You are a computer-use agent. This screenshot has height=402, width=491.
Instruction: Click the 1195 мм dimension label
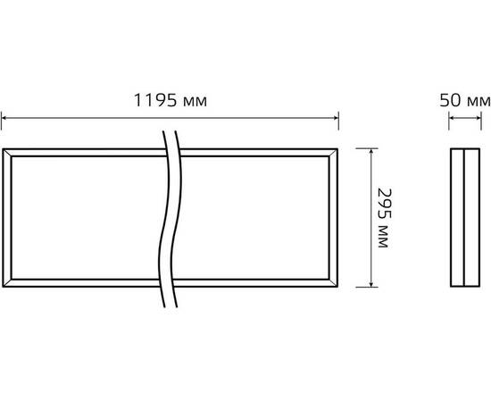tap(171, 101)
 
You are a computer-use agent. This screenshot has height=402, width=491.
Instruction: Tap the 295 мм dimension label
tap(384, 218)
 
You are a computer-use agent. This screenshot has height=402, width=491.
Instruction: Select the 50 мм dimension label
tap(465, 101)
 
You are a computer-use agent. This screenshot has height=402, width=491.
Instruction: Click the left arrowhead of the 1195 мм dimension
tap(4, 118)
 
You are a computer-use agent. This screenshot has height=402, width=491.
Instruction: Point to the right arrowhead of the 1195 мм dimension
tap(336, 118)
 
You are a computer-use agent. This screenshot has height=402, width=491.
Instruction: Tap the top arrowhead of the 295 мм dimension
tap(371, 151)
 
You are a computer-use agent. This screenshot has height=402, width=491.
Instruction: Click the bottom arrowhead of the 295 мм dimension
tap(371, 284)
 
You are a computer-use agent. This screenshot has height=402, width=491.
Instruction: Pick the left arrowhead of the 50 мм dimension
tap(451, 118)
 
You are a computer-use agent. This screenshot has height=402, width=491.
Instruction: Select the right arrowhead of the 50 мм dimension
tap(479, 118)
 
